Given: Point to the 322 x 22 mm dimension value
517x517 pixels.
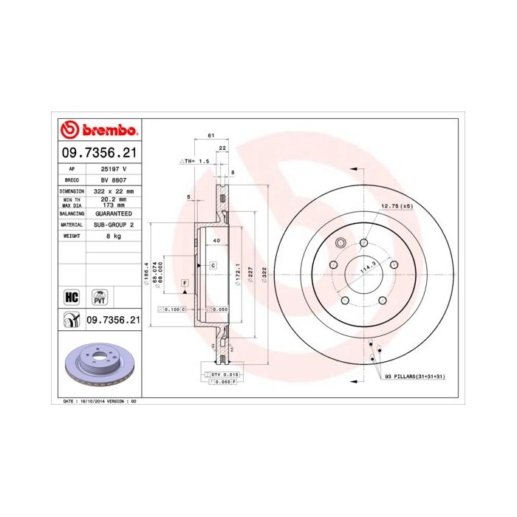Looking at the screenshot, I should click(113, 191).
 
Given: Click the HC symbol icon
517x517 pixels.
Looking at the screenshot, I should click(72, 297).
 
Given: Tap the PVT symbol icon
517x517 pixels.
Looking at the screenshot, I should click(99, 297).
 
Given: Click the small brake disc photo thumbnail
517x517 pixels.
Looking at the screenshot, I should click(100, 367).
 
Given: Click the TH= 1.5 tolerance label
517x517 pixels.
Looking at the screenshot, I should click(196, 160).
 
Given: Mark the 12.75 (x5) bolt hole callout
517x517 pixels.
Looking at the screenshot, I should click(397, 205).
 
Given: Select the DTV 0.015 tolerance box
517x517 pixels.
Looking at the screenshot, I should click(219, 376).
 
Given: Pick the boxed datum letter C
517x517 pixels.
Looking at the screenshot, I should click(212, 264).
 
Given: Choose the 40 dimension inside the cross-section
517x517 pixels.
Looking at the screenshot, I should click(216, 242).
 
